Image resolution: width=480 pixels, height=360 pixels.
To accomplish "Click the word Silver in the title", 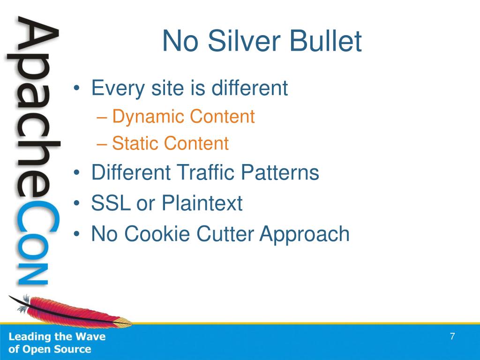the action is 244,41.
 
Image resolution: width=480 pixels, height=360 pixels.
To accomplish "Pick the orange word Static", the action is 135,143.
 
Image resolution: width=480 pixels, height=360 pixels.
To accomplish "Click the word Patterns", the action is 280,172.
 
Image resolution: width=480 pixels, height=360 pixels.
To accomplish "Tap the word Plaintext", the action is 202,203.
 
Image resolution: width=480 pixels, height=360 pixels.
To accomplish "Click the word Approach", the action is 304,234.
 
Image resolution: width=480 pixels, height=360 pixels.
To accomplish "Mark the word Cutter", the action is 225,233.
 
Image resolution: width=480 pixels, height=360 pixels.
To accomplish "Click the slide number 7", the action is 452,336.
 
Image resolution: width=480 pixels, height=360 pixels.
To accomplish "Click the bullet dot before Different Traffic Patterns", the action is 76,172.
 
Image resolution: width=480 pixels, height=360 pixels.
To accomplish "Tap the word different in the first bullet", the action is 249,88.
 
